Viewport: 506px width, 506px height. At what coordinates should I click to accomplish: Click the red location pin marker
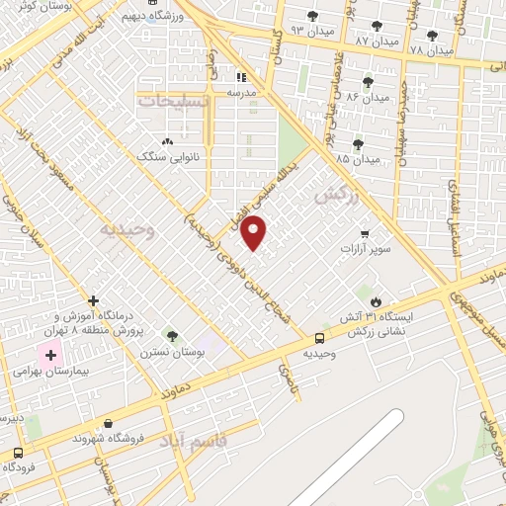pyautogui.click(x=255, y=232)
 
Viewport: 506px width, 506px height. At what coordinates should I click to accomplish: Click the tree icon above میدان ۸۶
pyautogui.click(x=369, y=82)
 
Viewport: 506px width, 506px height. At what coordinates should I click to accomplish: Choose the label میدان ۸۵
pyautogui.click(x=358, y=158)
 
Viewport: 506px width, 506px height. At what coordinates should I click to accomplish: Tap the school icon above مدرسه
pyautogui.click(x=241, y=77)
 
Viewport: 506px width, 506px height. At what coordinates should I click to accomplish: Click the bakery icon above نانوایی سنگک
pyautogui.click(x=167, y=142)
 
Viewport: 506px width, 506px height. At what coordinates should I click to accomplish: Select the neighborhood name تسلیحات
pyautogui.click(x=174, y=102)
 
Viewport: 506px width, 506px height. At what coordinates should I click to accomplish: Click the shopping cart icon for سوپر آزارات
pyautogui.click(x=366, y=234)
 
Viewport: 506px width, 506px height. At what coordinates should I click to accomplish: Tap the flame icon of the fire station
pyautogui.click(x=376, y=300)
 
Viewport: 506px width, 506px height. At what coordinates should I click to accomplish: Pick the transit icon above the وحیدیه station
pyautogui.click(x=319, y=338)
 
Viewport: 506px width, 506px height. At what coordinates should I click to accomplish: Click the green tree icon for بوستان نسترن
pyautogui.click(x=172, y=337)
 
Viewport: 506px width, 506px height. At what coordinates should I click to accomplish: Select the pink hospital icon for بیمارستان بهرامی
pyautogui.click(x=49, y=355)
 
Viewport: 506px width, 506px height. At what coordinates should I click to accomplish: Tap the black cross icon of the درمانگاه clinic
pyautogui.click(x=93, y=300)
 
